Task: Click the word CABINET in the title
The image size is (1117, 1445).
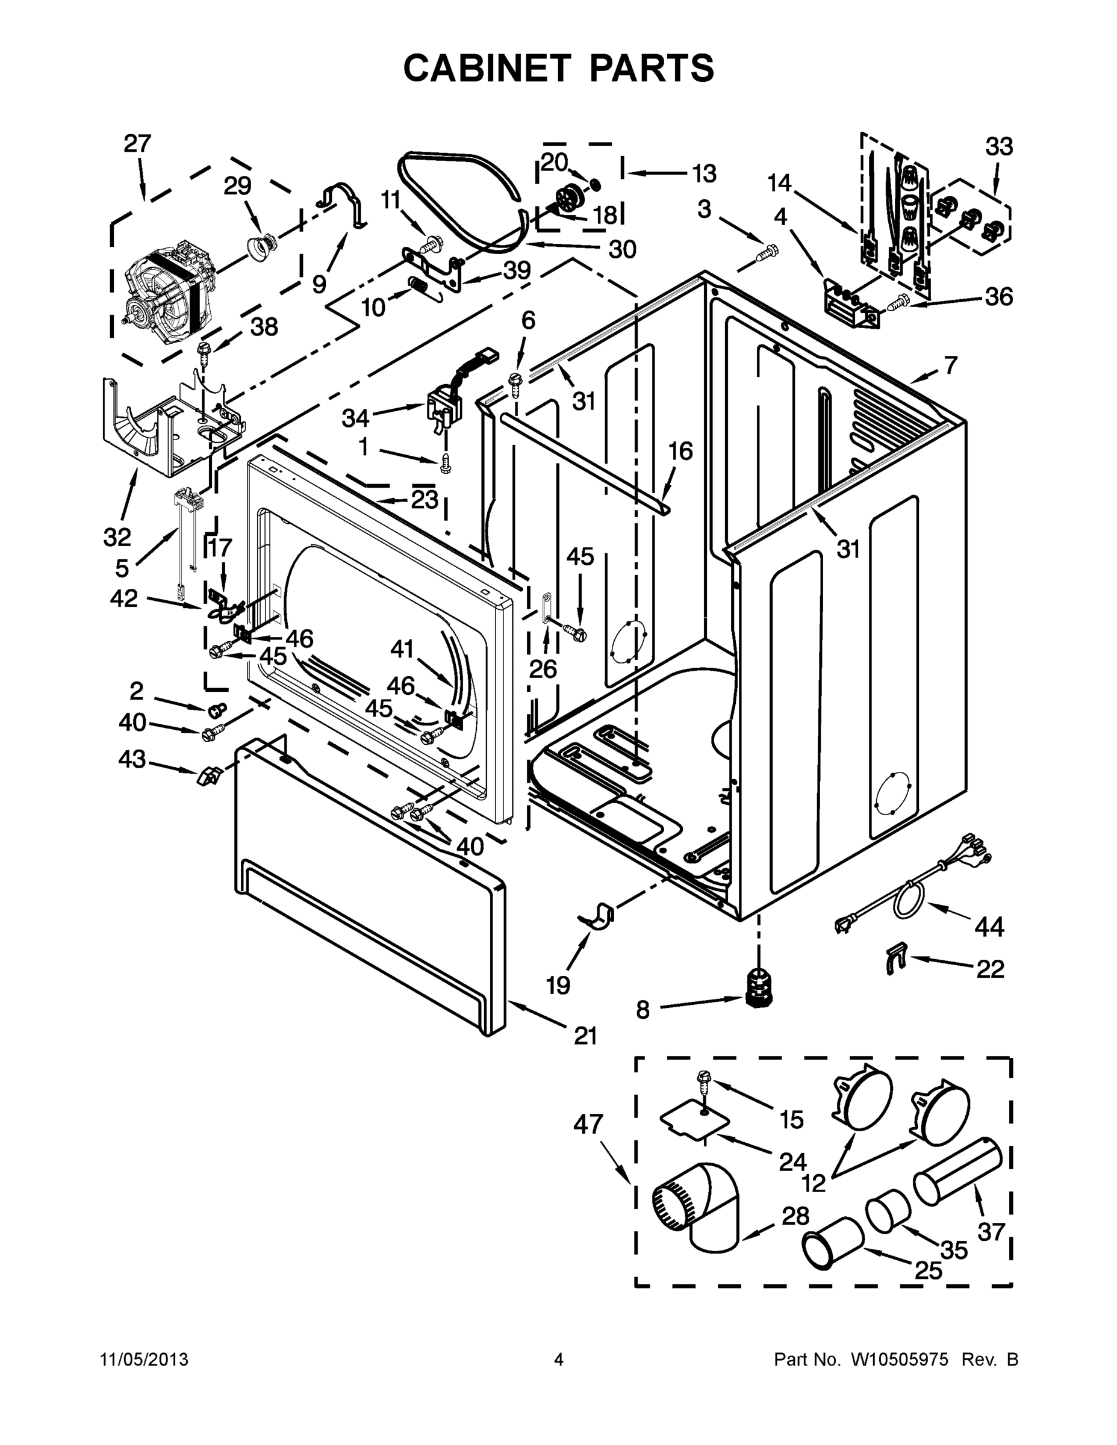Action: click(x=487, y=68)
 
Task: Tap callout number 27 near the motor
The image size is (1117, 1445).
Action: click(x=138, y=143)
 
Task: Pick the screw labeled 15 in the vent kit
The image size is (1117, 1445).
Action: click(x=703, y=1083)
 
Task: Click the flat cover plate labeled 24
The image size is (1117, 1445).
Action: click(x=695, y=1120)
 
